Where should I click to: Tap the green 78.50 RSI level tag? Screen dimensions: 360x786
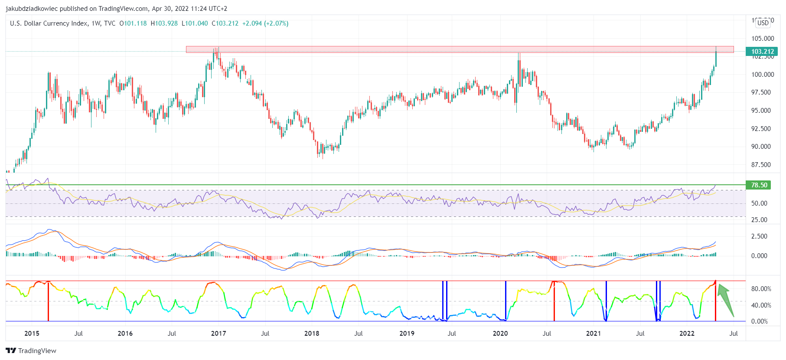(x=759, y=185)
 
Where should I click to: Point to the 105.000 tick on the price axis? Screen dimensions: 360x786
(x=762, y=39)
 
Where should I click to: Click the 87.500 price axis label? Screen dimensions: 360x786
(x=762, y=165)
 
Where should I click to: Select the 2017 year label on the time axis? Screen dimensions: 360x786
(x=219, y=334)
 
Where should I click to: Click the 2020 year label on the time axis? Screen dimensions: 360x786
(x=500, y=334)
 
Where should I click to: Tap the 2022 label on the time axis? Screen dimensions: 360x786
(x=687, y=334)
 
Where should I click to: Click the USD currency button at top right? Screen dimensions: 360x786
(x=763, y=23)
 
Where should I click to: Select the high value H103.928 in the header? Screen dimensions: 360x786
(x=164, y=23)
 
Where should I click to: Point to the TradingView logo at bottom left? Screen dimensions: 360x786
(x=31, y=350)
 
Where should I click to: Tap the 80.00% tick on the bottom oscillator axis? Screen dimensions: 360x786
(x=761, y=289)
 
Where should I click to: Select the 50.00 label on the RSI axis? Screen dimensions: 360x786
(x=759, y=203)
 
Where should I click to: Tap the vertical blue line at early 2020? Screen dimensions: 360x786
(x=506, y=301)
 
